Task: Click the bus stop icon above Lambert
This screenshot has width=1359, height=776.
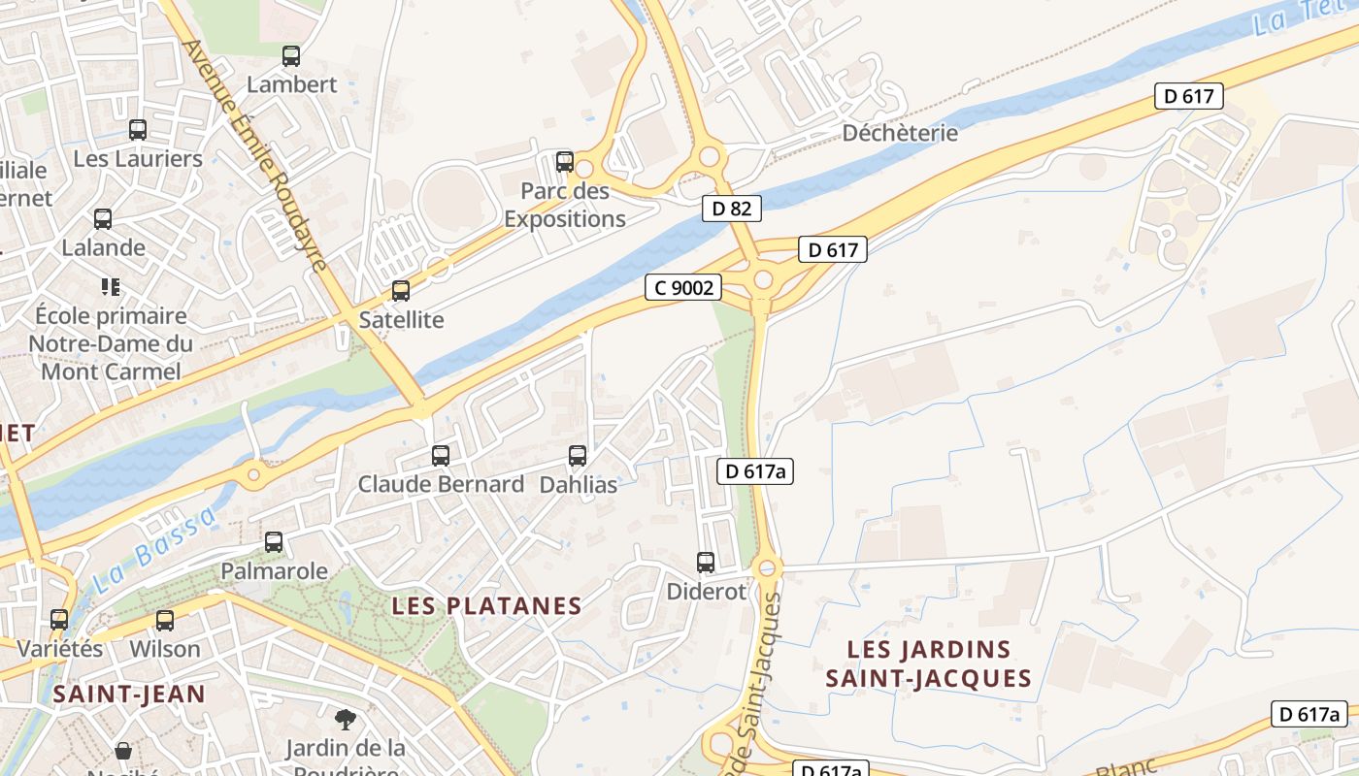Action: coord(291,56)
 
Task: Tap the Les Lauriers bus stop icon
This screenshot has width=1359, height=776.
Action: coord(138,130)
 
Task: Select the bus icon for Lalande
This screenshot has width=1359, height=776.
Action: coord(103,219)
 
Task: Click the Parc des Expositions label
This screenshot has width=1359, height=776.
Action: coord(564,205)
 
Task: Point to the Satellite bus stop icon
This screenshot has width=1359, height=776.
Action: coord(400,291)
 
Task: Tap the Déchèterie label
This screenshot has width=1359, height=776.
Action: coord(900,133)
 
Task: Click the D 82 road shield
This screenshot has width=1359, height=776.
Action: coord(732,208)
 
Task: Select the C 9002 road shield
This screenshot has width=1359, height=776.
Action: coord(683,287)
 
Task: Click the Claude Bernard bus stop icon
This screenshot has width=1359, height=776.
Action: coord(441,456)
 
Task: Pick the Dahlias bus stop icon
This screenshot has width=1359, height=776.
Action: coord(578,456)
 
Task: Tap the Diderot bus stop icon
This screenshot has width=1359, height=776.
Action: coord(706,563)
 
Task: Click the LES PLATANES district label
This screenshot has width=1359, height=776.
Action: coord(486,606)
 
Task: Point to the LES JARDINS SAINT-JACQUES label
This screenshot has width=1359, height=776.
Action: coord(928,663)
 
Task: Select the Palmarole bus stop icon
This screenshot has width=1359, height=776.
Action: coord(274,542)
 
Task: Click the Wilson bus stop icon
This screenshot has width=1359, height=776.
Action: coord(165,621)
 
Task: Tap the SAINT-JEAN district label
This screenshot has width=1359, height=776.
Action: coord(129,695)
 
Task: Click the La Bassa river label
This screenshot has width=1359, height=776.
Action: coord(155,550)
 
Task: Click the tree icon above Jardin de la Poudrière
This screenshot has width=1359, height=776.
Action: coord(345,720)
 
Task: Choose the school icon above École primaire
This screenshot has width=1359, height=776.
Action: coord(110,287)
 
